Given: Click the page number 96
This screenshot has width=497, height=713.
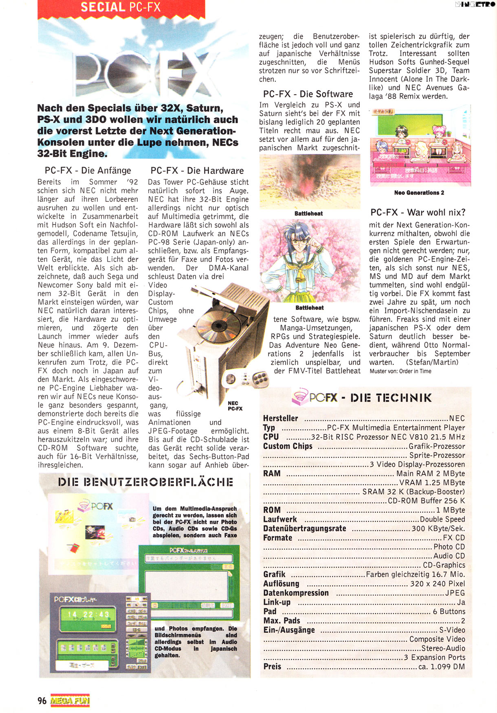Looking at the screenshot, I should [42, 700].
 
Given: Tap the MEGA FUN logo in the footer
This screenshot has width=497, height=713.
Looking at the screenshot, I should [70, 700].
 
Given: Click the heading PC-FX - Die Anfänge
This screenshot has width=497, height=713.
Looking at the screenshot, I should [88, 171].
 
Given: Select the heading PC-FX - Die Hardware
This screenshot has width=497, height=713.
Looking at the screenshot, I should [197, 171].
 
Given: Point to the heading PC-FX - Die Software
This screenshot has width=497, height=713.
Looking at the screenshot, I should [308, 94].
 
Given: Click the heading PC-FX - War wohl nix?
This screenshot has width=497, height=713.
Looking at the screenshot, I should [418, 212].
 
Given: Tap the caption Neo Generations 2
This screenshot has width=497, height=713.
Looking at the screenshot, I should [419, 193].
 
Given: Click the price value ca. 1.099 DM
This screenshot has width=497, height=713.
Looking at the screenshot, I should [442, 667].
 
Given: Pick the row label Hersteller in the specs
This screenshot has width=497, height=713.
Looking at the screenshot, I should [280, 418].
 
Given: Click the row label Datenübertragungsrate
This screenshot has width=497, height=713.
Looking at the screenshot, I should [304, 528].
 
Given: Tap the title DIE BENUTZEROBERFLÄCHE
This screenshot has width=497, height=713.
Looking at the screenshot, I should [145, 482].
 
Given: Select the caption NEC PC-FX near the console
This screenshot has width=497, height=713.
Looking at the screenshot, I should [235, 406].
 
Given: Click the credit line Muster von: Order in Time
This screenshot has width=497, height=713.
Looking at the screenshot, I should [400, 371].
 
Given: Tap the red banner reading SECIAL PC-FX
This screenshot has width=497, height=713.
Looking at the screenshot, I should [121, 8].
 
